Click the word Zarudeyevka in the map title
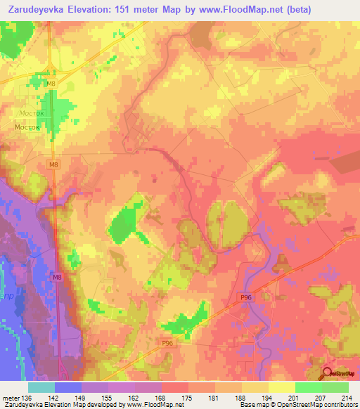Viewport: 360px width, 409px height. point(34,9)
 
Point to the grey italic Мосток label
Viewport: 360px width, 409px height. point(32,112)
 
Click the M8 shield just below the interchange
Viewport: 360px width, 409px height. point(51,84)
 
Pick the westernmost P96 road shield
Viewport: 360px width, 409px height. point(167,343)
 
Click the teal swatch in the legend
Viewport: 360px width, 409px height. point(41,387)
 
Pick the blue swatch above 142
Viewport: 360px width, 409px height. point(68,387)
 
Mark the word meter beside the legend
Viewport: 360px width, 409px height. point(11,398)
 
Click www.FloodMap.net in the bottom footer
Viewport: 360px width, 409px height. point(148,405)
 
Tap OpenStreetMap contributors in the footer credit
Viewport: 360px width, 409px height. point(318,405)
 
